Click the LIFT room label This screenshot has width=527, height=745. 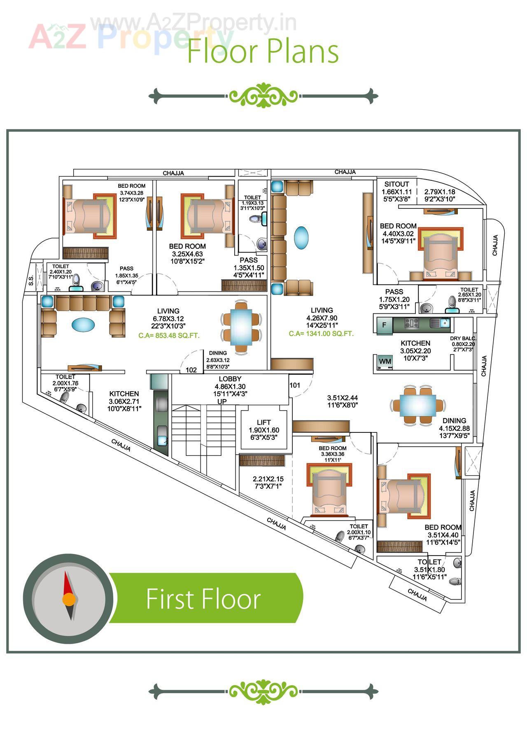tap(263, 423)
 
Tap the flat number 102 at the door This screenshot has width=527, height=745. tap(191, 370)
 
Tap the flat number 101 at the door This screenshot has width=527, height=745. tap(295, 385)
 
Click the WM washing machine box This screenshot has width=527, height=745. tap(385, 362)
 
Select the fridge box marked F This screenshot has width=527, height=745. tap(384, 325)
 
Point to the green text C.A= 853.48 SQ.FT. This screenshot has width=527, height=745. tap(169, 336)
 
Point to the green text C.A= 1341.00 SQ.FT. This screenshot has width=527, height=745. tap(321, 334)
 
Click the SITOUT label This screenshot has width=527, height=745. tap(396, 184)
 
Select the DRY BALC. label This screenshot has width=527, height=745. tap(462, 339)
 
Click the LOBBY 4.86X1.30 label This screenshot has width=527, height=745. tap(230, 383)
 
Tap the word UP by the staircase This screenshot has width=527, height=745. tap(222, 402)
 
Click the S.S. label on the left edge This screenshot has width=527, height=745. tap(31, 280)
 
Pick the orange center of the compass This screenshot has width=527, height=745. tap(69, 599)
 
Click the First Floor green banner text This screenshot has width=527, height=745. tap(203, 599)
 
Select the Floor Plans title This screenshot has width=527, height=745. tap(263, 51)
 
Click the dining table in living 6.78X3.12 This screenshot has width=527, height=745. tap(241, 327)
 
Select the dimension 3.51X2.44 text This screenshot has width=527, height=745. tap(342, 398)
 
